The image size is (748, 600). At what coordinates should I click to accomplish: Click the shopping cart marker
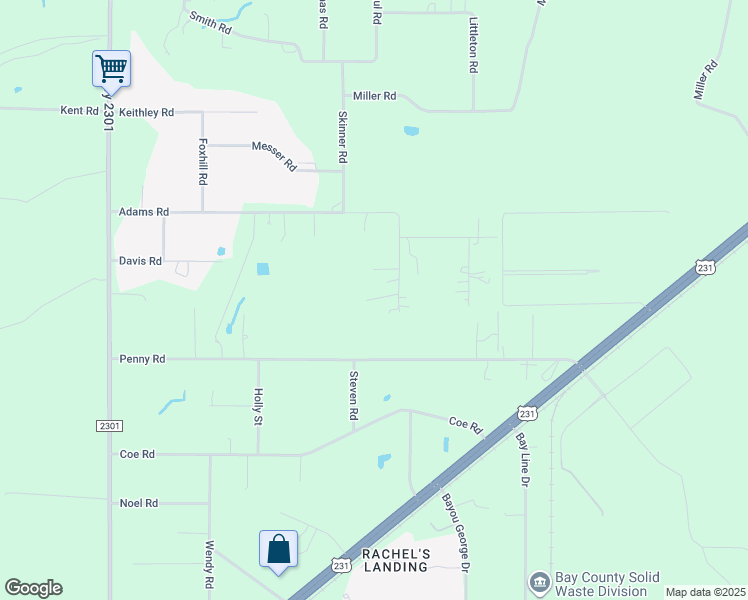(x=111, y=69)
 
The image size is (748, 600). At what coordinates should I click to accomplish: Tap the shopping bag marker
(x=278, y=549)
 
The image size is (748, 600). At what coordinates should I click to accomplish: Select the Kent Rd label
(x=79, y=111)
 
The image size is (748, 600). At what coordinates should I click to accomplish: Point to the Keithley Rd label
(x=146, y=112)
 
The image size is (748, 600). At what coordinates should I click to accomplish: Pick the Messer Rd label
(x=274, y=156)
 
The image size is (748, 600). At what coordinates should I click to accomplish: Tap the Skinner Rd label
(x=342, y=137)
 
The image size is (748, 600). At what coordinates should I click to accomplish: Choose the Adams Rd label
(x=144, y=212)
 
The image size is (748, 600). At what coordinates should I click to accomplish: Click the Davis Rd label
(x=140, y=261)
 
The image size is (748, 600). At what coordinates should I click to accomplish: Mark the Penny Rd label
(x=142, y=358)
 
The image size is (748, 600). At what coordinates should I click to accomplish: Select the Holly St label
(x=258, y=406)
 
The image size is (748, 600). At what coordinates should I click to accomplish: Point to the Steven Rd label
(x=353, y=394)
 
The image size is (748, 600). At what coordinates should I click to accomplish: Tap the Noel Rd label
(x=139, y=503)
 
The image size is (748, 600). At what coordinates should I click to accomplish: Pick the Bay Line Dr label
(x=521, y=459)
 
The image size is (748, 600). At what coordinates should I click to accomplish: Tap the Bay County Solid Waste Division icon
(x=539, y=582)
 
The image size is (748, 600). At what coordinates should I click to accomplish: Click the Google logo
(x=33, y=588)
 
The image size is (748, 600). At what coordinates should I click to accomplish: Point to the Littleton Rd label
(x=474, y=45)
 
